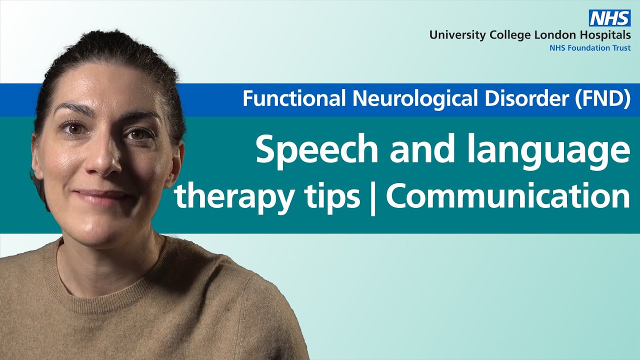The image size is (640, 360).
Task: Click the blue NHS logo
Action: coord(609,18)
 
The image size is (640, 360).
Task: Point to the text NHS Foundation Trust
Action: coord(590,48)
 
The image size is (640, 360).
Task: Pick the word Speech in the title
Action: coord(317,148)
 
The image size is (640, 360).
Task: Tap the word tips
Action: coord(333,197)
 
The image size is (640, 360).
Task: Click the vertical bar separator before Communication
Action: coord(373,197)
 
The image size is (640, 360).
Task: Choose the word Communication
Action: coord(508,195)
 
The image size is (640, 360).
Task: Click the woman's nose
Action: coord(105,160)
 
